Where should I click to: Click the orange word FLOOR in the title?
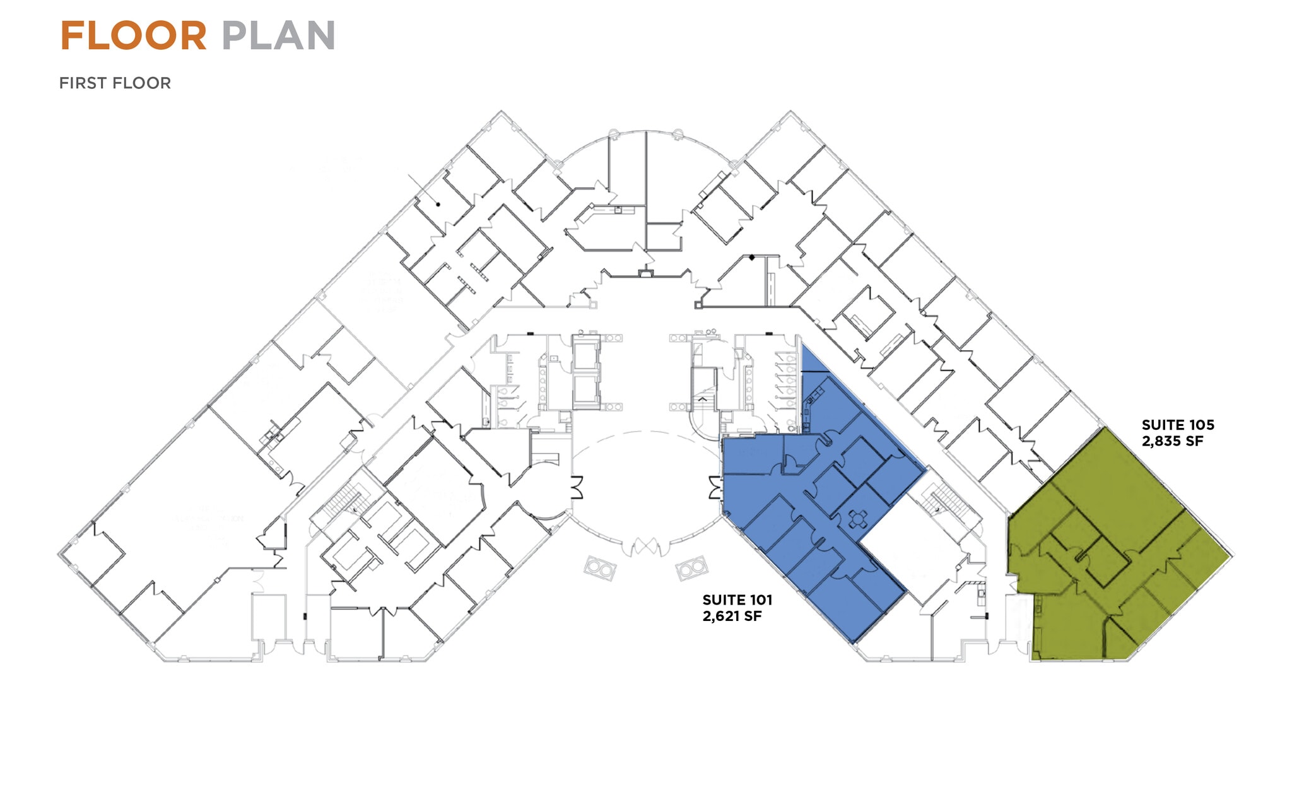133,36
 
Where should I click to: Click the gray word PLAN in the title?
278,36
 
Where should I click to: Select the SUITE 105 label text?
1177,425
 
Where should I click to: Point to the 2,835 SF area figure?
1172,441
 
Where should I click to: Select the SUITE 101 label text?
737,600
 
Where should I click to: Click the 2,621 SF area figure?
732,616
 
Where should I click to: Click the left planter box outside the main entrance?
599,569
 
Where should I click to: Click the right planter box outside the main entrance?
692,568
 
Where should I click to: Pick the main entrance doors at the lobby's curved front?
645,546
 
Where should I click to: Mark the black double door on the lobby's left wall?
577,488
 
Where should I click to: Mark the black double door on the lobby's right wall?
714,488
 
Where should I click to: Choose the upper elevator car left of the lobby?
586,357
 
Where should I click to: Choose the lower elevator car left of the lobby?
586,390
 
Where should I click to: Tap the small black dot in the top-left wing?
438,204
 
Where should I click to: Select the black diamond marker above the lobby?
752,257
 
